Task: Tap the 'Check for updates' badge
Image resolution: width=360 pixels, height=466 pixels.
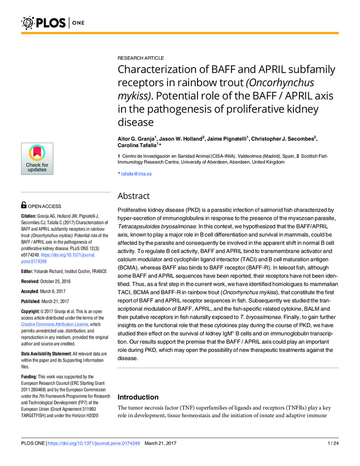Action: pyautogui.click(x=37, y=158)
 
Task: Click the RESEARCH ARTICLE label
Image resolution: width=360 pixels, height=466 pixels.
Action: pyautogui.click(x=140, y=58)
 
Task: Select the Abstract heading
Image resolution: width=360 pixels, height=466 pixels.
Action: pyautogui.click(x=134, y=196)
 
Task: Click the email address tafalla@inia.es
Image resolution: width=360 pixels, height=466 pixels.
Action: pyautogui.click(x=136, y=174)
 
